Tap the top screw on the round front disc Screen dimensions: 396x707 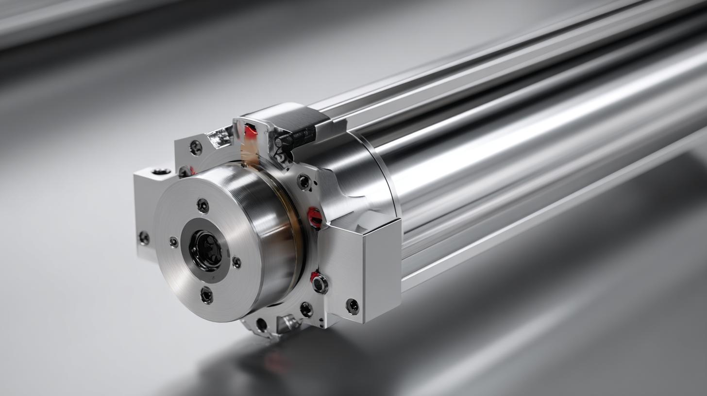(x=203, y=206)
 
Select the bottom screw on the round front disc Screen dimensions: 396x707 (x=206, y=295)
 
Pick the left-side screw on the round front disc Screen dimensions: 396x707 (x=173, y=242)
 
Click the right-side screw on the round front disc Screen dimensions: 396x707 (x=236, y=262)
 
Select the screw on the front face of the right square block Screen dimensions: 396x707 (x=352, y=306)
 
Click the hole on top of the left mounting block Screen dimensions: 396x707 (x=161, y=171)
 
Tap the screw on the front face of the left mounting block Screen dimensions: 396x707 (x=144, y=238)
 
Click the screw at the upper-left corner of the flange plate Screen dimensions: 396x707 (x=196, y=148)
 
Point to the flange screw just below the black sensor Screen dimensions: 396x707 (x=304, y=182)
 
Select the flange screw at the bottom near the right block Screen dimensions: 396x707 (x=306, y=309)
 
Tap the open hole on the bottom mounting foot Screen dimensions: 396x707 (x=261, y=325)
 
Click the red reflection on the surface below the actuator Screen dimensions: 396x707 (x=274, y=362)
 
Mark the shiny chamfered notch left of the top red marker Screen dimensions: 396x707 (x=219, y=137)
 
